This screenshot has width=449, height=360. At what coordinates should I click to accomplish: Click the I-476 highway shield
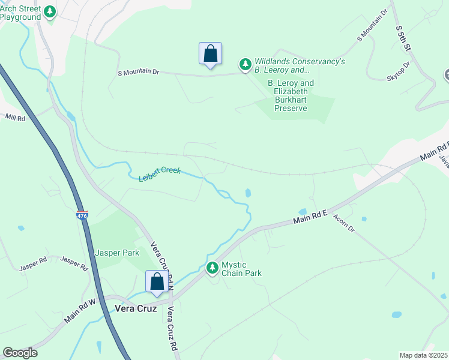(82, 215)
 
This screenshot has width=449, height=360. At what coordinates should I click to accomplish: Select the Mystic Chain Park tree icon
(212, 268)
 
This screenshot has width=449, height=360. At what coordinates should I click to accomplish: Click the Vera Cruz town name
(135, 308)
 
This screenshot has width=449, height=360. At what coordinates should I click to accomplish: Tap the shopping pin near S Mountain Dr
(210, 54)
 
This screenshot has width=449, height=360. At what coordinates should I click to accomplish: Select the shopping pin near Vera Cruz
(157, 281)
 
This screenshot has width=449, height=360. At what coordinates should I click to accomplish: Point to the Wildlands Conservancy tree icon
(245, 63)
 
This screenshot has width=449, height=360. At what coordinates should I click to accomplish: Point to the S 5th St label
(402, 38)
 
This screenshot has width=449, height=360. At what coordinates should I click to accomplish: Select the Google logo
(20, 353)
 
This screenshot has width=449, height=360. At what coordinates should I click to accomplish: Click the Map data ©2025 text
(423, 355)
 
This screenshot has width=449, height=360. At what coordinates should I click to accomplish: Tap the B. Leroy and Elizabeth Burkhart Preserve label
(291, 95)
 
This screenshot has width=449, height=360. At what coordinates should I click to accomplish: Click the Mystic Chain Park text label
(241, 269)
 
